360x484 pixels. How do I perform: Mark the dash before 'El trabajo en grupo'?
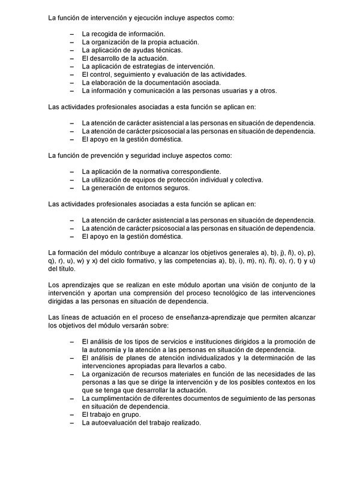(x=72, y=414)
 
